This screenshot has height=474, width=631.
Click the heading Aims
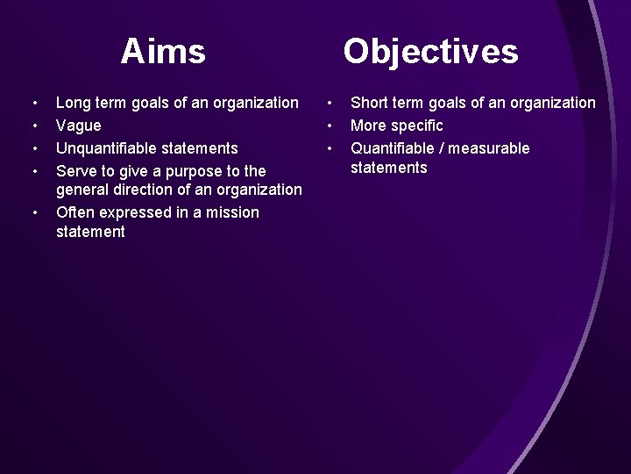164,52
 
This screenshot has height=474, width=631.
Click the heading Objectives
430,52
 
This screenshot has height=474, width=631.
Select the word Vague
78,126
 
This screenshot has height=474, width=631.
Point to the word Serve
75,169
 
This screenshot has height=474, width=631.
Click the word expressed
137,212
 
